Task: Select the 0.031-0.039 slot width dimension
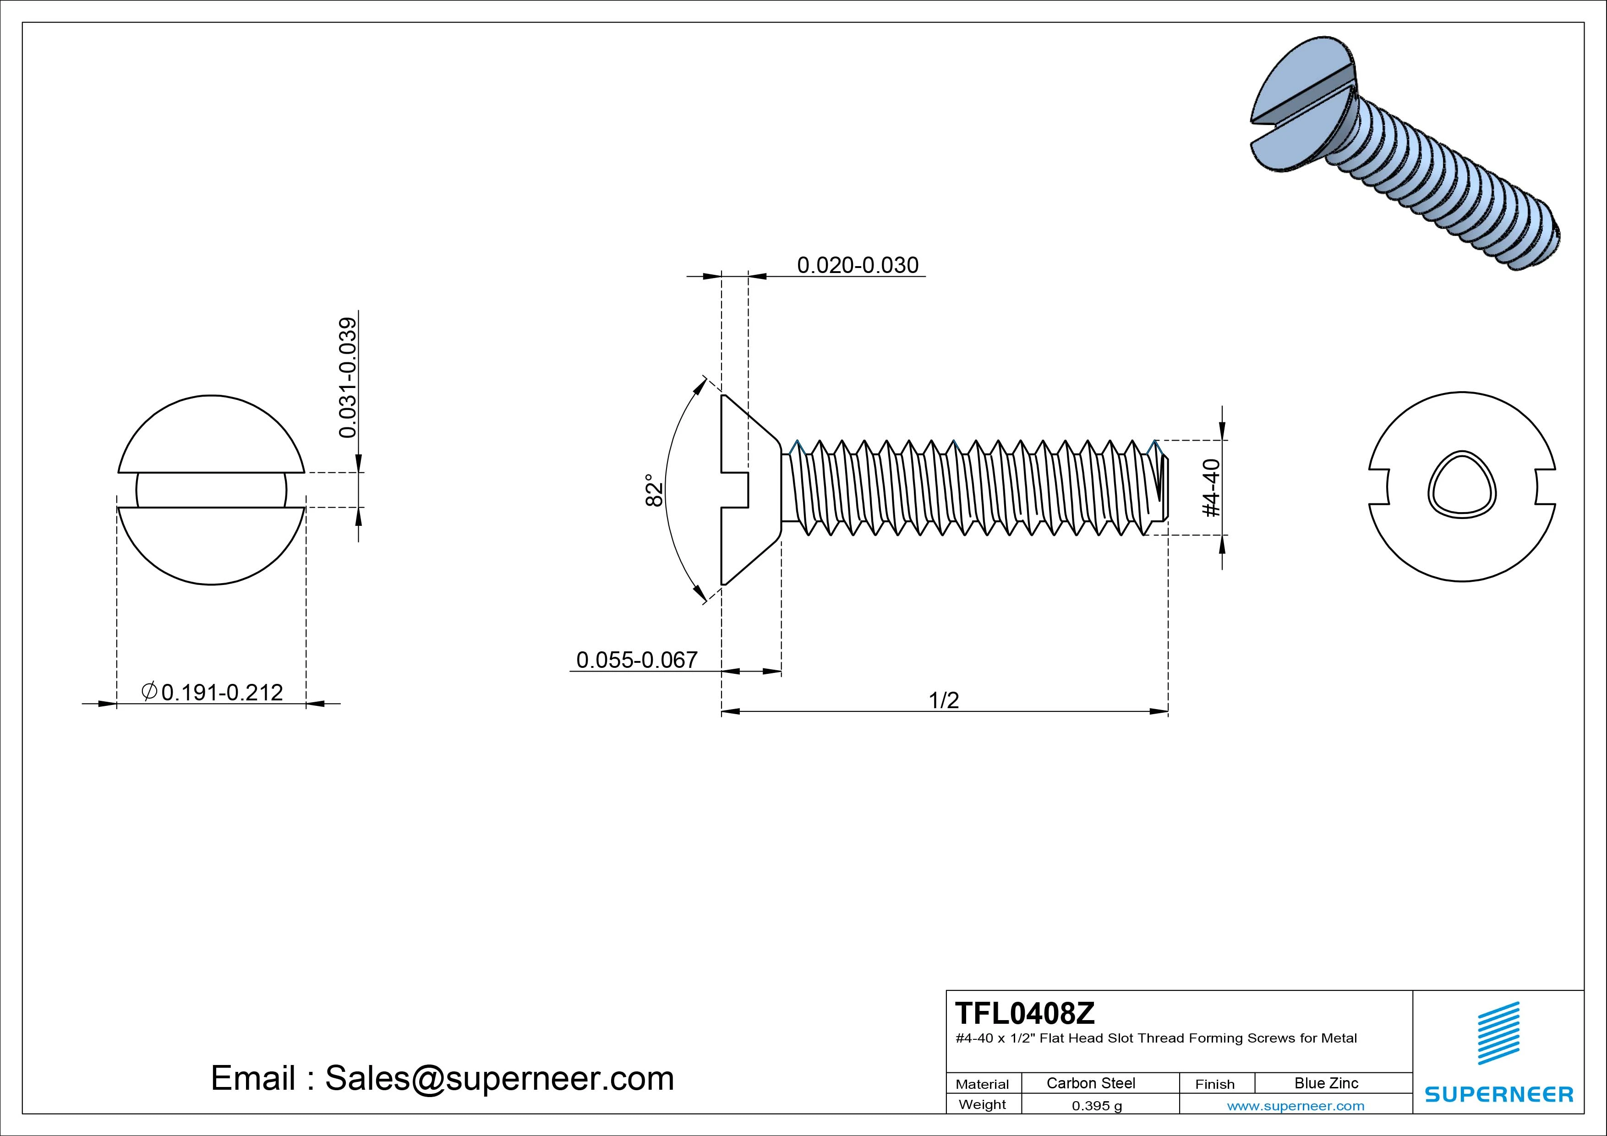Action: click(348, 378)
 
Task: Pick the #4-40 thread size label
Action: click(1212, 488)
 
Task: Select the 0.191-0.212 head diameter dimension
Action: click(213, 692)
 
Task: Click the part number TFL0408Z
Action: click(1025, 1013)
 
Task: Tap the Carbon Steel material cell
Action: click(1090, 1083)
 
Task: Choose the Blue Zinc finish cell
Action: click(1326, 1083)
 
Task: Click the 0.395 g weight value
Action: click(1096, 1106)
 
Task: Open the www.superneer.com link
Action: click(1295, 1106)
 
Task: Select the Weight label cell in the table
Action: click(982, 1104)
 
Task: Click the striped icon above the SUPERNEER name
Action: click(1498, 1034)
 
